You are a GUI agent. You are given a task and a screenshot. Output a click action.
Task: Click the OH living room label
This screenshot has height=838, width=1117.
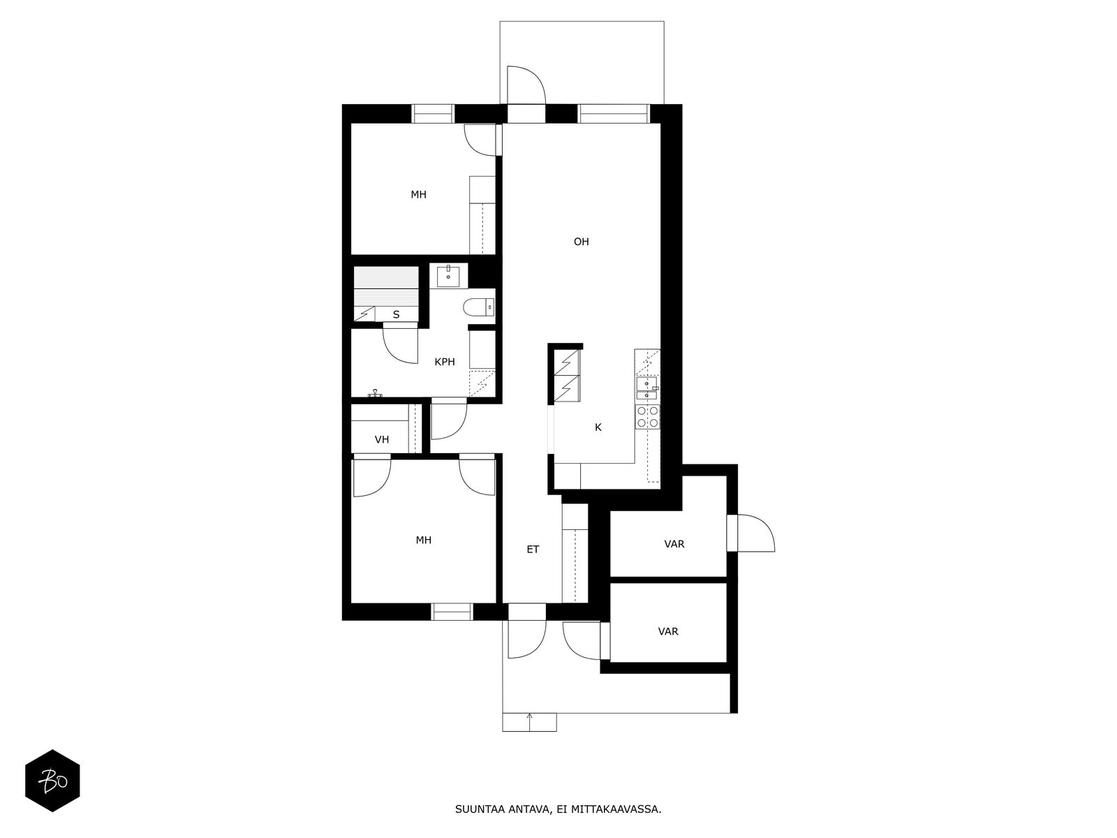click(581, 242)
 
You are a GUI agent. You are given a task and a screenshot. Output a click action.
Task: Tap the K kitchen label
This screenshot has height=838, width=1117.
click(598, 427)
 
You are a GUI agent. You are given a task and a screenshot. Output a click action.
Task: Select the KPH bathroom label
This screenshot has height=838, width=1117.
click(445, 362)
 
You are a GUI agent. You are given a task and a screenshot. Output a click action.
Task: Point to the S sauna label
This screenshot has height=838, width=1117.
click(397, 315)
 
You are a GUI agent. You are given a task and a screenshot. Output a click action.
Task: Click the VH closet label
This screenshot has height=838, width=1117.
click(382, 440)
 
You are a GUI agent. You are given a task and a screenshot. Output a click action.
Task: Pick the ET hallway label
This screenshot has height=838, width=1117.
click(533, 550)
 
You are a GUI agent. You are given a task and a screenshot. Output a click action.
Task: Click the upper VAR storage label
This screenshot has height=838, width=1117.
click(674, 544)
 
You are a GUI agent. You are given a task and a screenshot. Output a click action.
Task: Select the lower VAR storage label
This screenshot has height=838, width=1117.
click(668, 631)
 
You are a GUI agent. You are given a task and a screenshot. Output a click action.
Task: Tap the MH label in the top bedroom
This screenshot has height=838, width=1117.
click(419, 194)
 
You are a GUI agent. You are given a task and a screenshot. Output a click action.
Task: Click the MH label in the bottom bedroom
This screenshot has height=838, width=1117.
click(423, 541)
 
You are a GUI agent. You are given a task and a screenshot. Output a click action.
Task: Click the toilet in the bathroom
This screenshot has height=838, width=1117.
click(478, 307)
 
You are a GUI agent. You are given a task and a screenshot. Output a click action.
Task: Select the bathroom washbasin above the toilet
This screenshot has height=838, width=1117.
click(448, 276)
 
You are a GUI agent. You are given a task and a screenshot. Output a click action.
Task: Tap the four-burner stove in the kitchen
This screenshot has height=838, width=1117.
click(647, 416)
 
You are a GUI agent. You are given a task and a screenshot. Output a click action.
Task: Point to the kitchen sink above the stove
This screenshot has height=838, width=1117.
click(647, 388)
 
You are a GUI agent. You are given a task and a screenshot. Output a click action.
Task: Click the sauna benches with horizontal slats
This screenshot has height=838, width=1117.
click(386, 286)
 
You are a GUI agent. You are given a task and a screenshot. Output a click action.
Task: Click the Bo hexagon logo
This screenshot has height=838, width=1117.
click(52, 781)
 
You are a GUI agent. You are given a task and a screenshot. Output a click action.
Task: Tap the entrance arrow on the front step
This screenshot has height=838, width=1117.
click(529, 722)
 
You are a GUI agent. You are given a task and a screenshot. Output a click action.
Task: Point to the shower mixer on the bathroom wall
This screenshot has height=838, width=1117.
click(375, 392)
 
